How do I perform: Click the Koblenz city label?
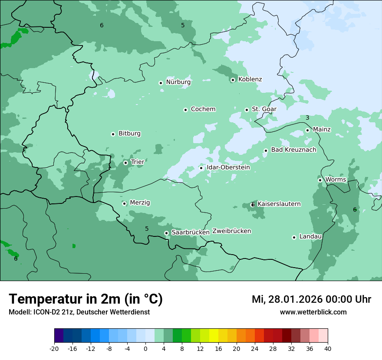point(250,79)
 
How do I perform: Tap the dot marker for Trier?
point(125,163)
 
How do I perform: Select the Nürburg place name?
point(178,82)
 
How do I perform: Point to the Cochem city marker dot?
point(185,110)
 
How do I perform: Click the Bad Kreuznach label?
point(293,150)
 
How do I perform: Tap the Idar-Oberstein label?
point(228,167)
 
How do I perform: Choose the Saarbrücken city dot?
point(166,233)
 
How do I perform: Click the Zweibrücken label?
point(231,231)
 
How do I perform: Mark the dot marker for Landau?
point(294,237)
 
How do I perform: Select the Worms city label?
point(336,180)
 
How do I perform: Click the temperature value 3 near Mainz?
point(307,118)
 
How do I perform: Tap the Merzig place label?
point(140,203)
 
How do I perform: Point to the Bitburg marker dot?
point(113,134)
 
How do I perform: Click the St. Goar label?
point(264,109)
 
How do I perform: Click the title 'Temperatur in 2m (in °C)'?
point(86,299)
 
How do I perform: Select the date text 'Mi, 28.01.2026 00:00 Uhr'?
point(311,299)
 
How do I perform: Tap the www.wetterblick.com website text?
point(313,312)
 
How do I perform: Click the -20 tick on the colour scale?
point(54,349)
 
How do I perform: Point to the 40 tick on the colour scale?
point(328,349)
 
